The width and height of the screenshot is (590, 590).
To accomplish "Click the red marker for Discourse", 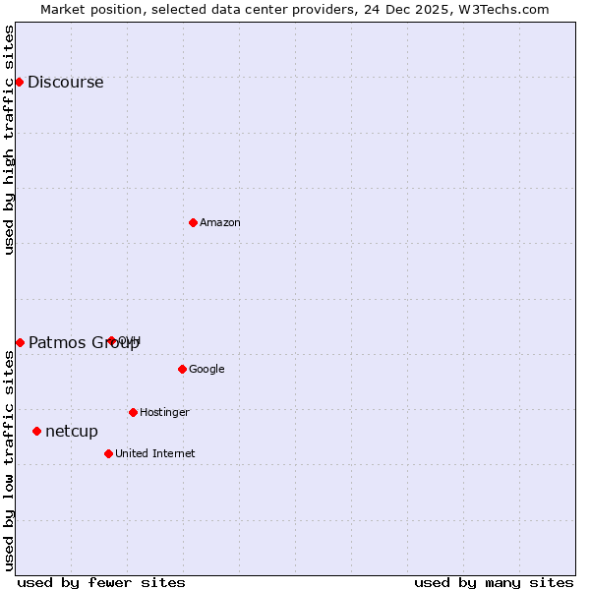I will pos(19,82).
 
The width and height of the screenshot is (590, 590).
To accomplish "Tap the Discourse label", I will pos(65,83).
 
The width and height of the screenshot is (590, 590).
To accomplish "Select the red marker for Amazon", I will pos(193,222).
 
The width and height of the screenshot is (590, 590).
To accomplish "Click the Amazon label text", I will pos(220,223).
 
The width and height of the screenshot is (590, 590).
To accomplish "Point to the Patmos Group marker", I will pos(20,342).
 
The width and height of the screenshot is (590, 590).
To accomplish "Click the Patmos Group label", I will pos(84,343).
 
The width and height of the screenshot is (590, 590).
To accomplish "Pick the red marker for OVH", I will pos(111,341).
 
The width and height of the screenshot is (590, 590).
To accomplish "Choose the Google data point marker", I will pos(182,369).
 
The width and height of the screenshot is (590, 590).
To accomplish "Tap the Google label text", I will pos(206,370).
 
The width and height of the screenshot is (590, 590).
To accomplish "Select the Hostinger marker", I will pos(133,412).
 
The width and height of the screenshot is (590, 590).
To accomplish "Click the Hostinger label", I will pos(164,413).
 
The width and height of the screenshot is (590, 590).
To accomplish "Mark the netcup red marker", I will pos(36,431).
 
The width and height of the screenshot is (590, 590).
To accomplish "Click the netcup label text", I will pos(72,432).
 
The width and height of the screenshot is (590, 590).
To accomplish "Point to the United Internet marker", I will pos(108,453).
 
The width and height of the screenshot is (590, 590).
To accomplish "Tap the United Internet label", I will pos(154,454).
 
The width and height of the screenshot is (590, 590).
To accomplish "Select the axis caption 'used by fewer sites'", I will pos(101,582).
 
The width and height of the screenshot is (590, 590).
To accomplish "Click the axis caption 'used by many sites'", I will pos(494,582).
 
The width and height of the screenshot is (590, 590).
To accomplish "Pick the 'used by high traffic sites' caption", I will pos(10,140).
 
